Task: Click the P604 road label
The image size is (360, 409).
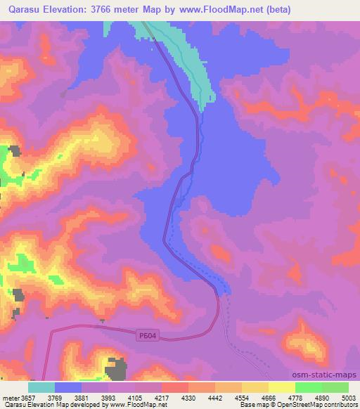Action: [x=146, y=338]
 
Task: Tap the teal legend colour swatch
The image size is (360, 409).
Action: [x=41, y=387]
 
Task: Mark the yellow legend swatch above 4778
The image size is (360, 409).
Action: [x=282, y=387]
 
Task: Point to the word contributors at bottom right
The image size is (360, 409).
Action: [x=341, y=405]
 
